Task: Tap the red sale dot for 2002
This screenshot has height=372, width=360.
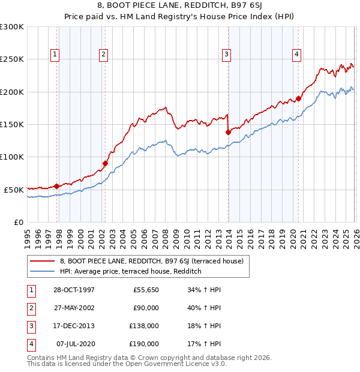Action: pyautogui.click(x=105, y=163)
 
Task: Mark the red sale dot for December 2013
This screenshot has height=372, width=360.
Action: pyautogui.click(x=228, y=132)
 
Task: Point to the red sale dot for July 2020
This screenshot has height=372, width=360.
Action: pyautogui.click(x=298, y=98)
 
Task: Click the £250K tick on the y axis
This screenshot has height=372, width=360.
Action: pyautogui.click(x=12, y=59)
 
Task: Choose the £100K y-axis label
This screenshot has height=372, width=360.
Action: pyautogui.click(x=12, y=157)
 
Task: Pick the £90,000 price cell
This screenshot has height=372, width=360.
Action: pyautogui.click(x=146, y=308)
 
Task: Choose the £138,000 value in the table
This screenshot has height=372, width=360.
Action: pyautogui.click(x=144, y=326)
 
